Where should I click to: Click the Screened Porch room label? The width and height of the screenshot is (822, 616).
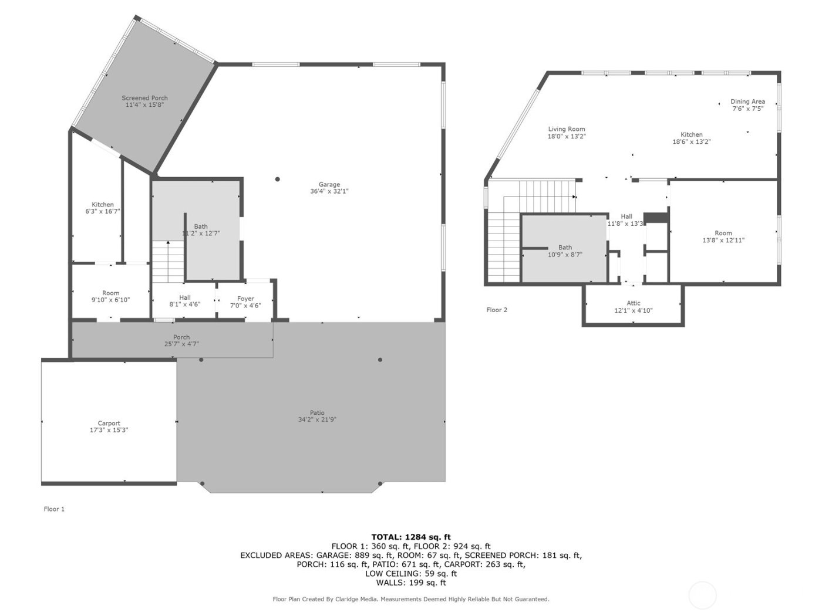coord(144,98)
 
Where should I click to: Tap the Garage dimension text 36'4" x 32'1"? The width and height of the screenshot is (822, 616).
coord(329,191)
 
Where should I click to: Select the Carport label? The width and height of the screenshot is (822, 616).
coord(109,423)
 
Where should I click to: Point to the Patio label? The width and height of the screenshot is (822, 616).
coord(317,412)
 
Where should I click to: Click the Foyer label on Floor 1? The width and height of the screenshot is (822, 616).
coord(245,299)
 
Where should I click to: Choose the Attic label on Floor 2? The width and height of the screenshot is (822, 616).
coord(633,303)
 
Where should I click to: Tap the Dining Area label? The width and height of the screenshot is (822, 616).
coord(747,101)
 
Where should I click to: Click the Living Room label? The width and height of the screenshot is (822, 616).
coord(567,129)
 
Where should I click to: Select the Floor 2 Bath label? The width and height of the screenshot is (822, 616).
coord(565,248)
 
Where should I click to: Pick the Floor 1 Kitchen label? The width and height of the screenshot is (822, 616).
coord(103,205)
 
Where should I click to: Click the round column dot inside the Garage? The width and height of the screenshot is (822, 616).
coord(278,179)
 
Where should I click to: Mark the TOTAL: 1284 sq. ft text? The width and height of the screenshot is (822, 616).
coord(411,537)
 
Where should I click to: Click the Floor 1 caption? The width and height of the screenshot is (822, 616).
coord(54,509)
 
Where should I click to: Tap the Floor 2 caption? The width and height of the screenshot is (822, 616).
coord(497,310)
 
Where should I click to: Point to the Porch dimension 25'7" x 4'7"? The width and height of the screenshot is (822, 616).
coord(181,344)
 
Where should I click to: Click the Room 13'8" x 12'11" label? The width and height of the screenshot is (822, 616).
coord(723,233)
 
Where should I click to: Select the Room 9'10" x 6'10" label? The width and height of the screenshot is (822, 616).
coord(110,293)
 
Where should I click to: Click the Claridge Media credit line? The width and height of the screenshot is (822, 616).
coord(411,599)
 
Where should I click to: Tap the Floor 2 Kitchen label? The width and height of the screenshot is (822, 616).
coord(691,134)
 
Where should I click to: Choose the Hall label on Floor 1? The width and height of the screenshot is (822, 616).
coord(184,297)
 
